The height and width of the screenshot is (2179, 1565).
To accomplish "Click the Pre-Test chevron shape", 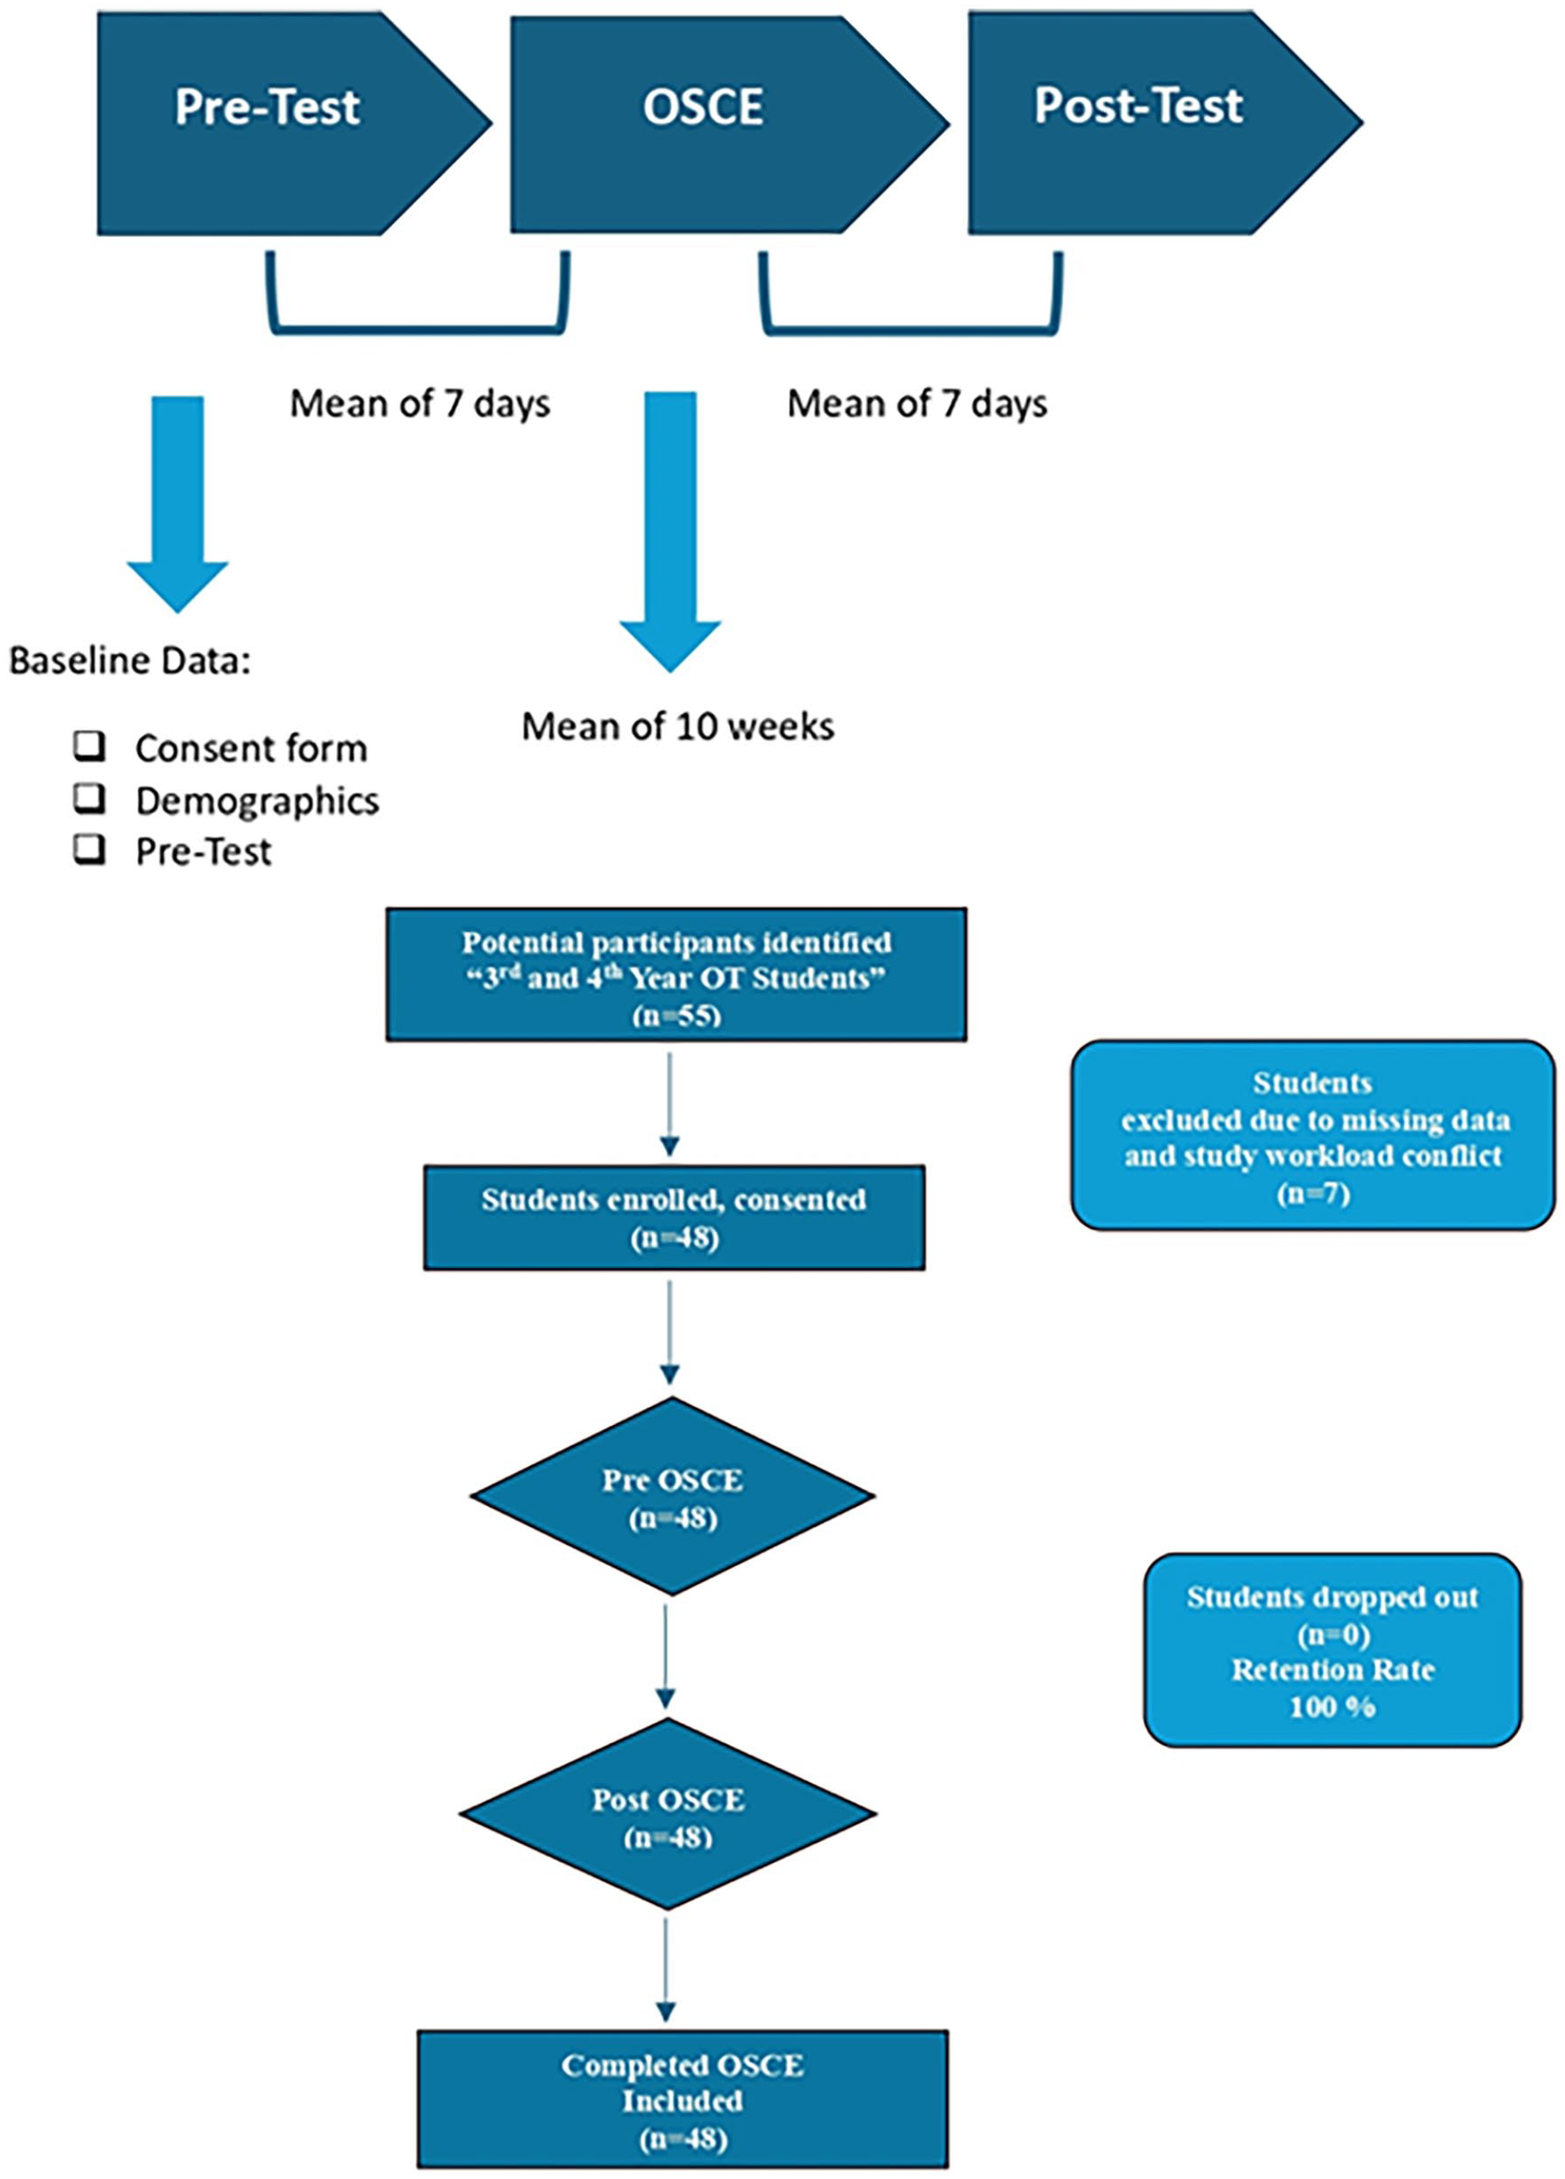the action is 289,123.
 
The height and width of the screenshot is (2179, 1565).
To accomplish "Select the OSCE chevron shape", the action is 726,123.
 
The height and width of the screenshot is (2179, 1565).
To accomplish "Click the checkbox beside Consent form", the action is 90,745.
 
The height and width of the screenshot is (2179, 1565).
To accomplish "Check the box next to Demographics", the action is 90,797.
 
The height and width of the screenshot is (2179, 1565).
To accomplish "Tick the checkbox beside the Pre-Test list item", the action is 90,850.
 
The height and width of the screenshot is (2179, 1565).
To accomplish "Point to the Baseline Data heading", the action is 130,661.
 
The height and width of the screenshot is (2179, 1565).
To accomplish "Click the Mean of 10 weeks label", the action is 677,727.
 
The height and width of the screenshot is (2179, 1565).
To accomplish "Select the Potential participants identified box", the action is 676,974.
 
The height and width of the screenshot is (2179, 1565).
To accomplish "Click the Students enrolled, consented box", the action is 674,1218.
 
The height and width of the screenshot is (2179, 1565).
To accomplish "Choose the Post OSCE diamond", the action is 669,1814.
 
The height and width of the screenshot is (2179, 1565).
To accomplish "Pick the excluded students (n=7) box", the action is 1312,1134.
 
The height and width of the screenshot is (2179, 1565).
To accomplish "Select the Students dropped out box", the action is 1333,1650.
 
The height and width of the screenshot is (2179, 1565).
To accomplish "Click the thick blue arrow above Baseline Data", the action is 178,504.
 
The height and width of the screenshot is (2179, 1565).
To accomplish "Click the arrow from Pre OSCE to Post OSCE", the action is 665,1656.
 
